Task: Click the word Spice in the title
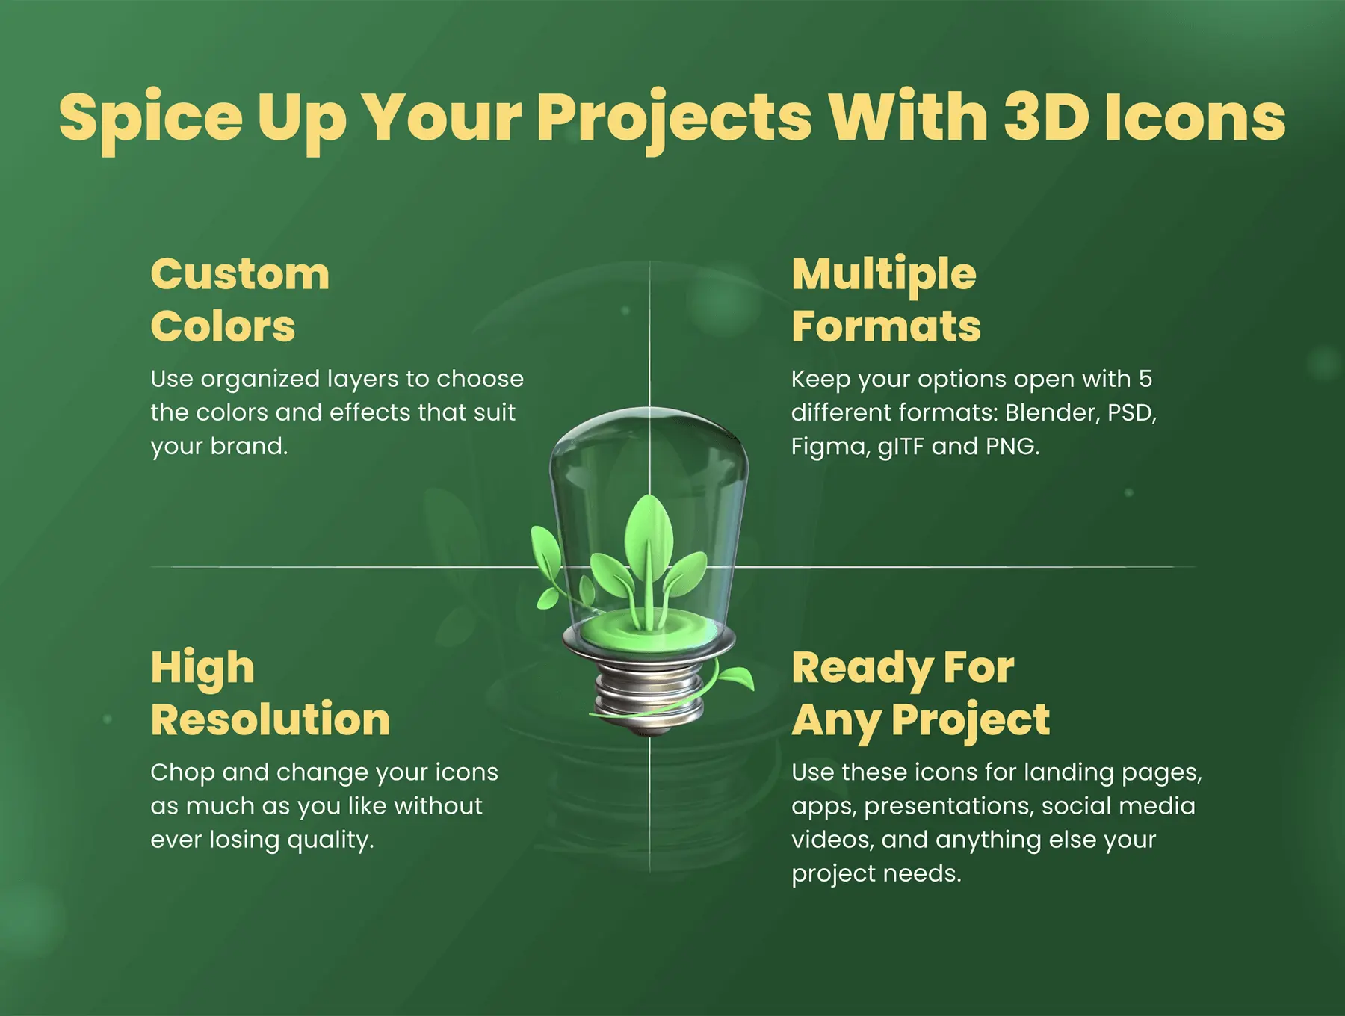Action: [x=151, y=119]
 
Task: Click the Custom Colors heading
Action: [x=240, y=300]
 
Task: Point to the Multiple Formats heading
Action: [x=886, y=300]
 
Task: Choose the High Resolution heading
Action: [x=270, y=694]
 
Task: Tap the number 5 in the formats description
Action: [x=1145, y=379]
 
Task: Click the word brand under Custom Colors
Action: [x=249, y=446]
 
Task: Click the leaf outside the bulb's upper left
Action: [x=546, y=557]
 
